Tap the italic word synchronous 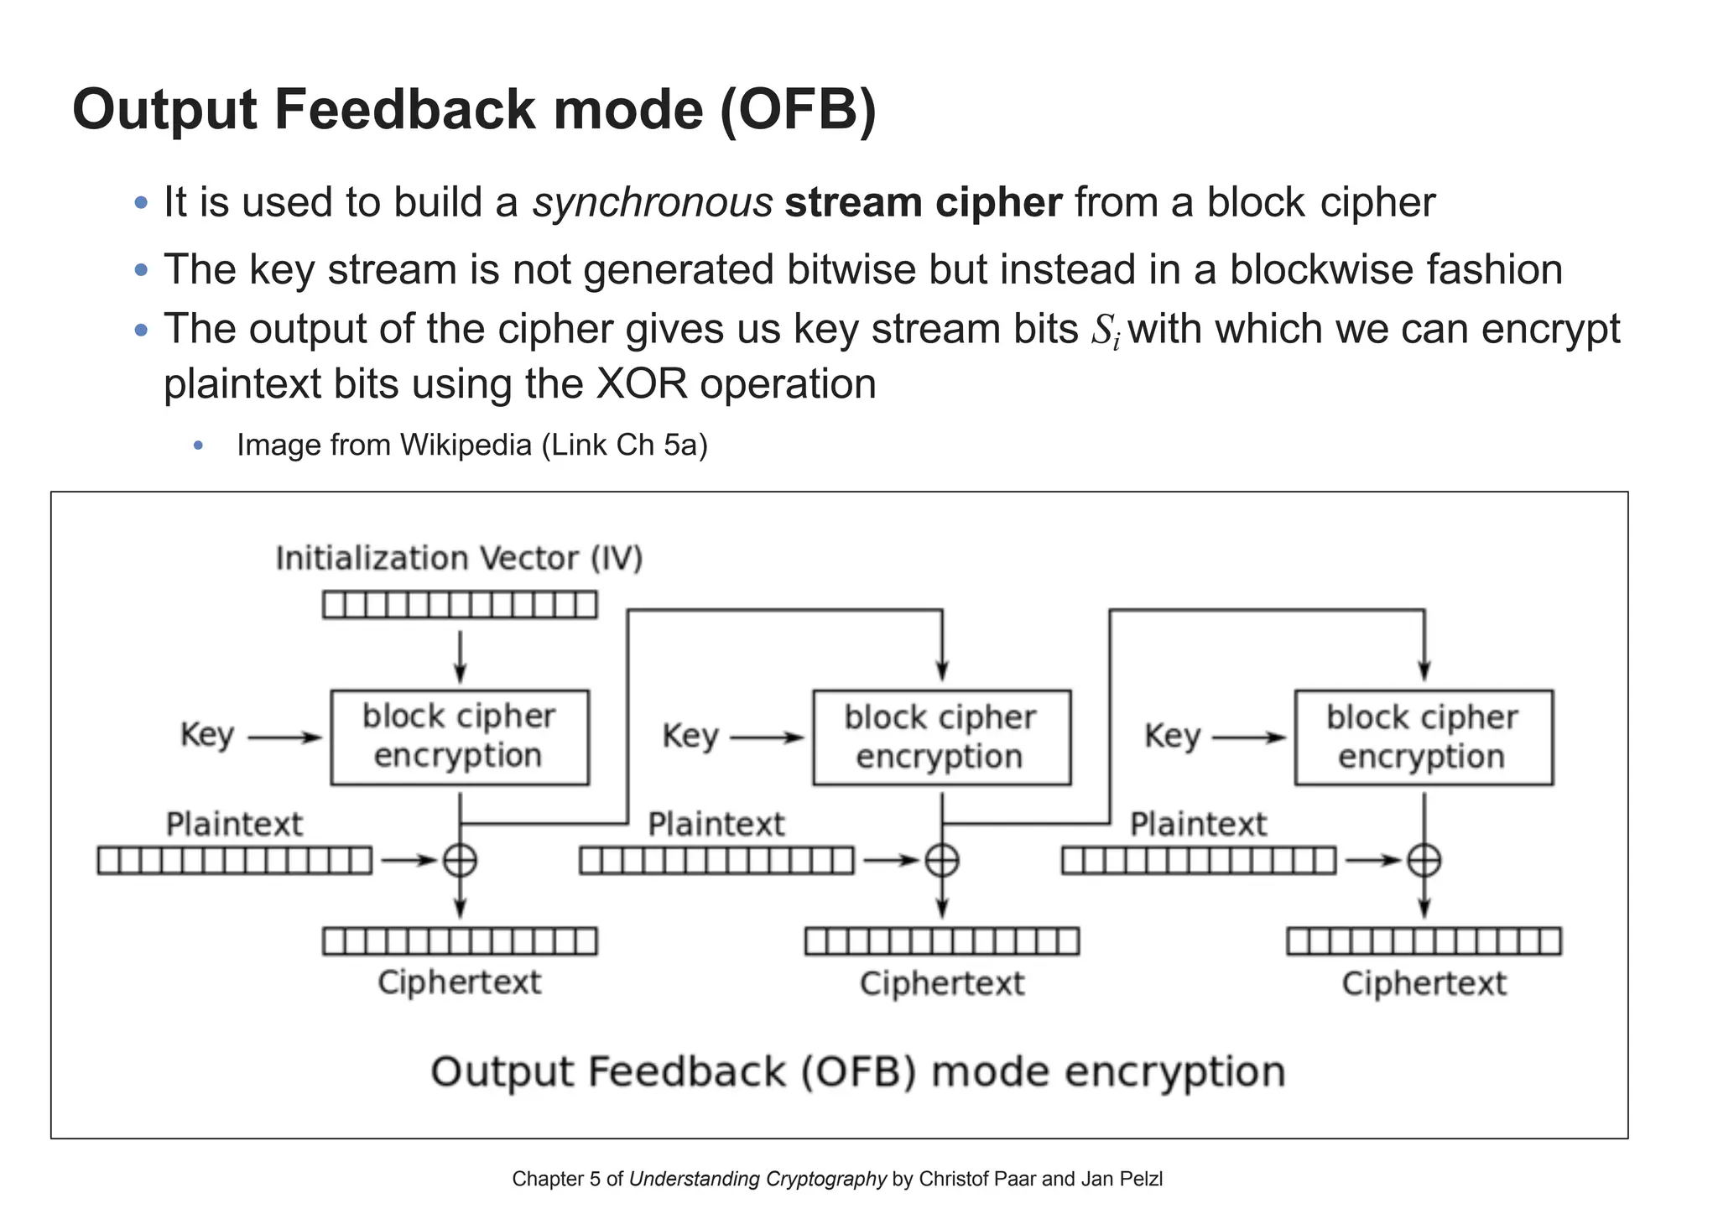coord(652,203)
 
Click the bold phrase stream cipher coord(923,203)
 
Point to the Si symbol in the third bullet coord(1105,331)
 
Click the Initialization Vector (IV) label coord(459,559)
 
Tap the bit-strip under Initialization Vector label coord(460,605)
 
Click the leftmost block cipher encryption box coord(460,737)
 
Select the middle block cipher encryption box coord(941,737)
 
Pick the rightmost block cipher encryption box coord(1424,737)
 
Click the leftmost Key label coord(206,735)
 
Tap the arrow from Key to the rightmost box coord(1248,738)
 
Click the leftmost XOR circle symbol coord(460,861)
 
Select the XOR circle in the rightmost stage coord(1424,861)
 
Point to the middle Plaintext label coord(716,825)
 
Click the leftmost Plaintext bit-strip coord(234,861)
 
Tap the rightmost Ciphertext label coord(1424,983)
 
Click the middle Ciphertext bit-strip coord(941,941)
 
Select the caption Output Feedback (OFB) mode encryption coord(857,1072)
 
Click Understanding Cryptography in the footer coord(757,1180)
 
